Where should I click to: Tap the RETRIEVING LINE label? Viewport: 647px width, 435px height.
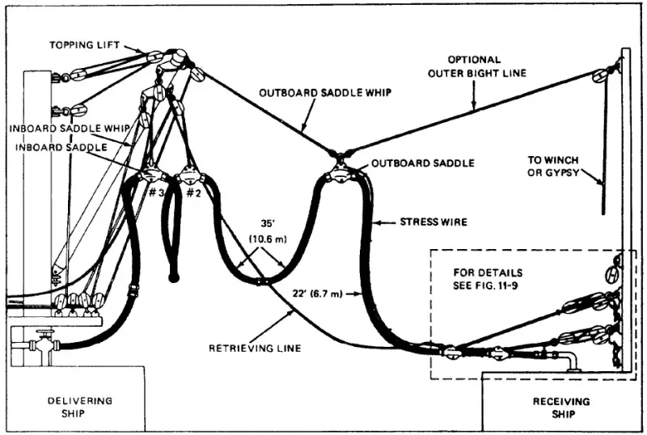tap(255, 348)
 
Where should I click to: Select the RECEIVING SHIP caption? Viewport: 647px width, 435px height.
tap(561, 408)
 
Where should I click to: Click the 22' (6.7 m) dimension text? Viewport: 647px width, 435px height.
tap(316, 294)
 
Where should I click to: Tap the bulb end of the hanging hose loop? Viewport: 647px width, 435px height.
tap(172, 277)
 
